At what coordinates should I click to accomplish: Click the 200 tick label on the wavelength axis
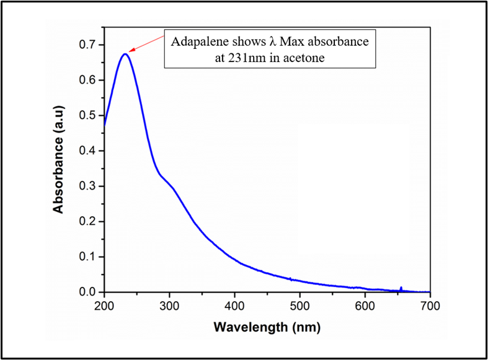click(104, 305)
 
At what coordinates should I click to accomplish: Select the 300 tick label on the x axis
click(169, 305)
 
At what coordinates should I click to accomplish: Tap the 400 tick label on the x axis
click(234, 305)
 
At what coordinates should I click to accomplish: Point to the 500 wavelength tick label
click(299, 305)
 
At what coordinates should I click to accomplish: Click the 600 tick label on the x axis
click(365, 305)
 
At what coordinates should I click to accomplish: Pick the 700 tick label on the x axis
click(430, 305)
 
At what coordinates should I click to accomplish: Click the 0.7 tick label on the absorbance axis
click(87, 45)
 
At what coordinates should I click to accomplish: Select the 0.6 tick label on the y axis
click(87, 80)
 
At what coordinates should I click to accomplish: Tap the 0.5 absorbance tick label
click(87, 115)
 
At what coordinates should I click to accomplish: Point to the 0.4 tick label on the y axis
click(87, 151)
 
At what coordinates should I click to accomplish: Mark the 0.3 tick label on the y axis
click(87, 186)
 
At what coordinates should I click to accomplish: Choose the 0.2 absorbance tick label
click(87, 221)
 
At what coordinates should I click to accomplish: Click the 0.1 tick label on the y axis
click(87, 257)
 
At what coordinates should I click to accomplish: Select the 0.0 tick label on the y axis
click(87, 292)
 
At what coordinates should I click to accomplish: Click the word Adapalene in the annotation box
click(197, 42)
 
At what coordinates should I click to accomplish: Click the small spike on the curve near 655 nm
click(401, 288)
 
